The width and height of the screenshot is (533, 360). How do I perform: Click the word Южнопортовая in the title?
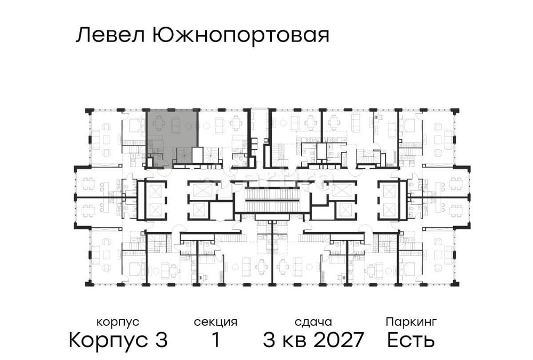(x=240, y=36)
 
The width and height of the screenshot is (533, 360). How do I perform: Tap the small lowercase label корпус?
(x=118, y=322)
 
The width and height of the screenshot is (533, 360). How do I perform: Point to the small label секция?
(x=215, y=322)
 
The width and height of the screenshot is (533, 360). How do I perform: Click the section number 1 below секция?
(x=215, y=340)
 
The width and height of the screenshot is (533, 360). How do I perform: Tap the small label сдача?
(x=313, y=322)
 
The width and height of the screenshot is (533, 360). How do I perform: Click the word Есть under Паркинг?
(x=411, y=340)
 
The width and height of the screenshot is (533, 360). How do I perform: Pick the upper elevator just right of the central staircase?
(x=342, y=190)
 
